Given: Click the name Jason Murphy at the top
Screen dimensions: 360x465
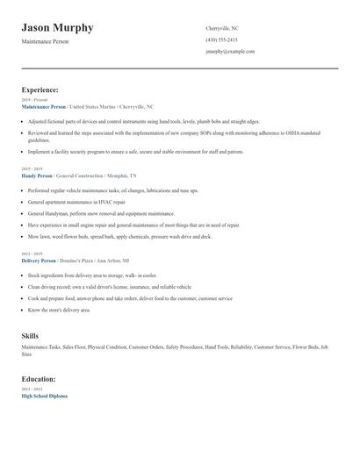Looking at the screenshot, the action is tap(57, 28).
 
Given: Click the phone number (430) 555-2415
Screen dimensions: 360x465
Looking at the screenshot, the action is tap(221, 39).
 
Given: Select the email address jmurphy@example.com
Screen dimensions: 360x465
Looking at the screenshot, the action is tap(230, 51).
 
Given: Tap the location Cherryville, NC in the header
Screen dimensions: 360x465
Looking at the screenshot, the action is tap(221, 28).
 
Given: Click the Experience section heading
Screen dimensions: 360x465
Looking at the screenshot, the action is tap(40, 89).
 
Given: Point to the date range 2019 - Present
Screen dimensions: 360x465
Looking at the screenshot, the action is tap(34, 100).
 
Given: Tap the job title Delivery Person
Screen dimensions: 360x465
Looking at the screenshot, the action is tap(39, 261).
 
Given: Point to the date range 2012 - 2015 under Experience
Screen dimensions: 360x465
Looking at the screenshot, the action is tap(32, 254).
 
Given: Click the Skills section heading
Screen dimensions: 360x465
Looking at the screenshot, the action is tap(30, 335).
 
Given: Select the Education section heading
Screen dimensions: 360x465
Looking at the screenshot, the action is tap(39, 379).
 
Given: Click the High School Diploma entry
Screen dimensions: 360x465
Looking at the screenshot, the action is tap(44, 396).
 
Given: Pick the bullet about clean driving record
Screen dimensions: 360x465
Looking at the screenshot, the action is tap(109, 287).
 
